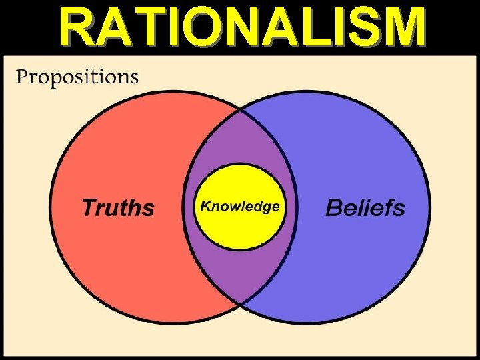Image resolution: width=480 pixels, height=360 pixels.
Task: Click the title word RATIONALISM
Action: (x=241, y=28)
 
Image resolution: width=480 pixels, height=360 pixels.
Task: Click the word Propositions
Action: (x=77, y=77)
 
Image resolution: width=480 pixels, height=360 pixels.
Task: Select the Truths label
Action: (x=118, y=207)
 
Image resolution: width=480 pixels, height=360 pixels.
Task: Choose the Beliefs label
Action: (x=365, y=207)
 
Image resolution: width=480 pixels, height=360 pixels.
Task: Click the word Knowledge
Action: (x=240, y=206)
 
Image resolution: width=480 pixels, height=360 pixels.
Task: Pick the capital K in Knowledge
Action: (x=206, y=206)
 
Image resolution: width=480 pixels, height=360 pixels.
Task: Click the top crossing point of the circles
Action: (x=240, y=111)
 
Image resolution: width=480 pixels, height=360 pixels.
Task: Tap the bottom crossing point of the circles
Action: (x=240, y=305)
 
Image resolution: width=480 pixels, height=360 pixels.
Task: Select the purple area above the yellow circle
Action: (x=240, y=140)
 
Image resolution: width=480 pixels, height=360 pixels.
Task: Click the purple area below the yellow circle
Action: (x=240, y=273)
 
